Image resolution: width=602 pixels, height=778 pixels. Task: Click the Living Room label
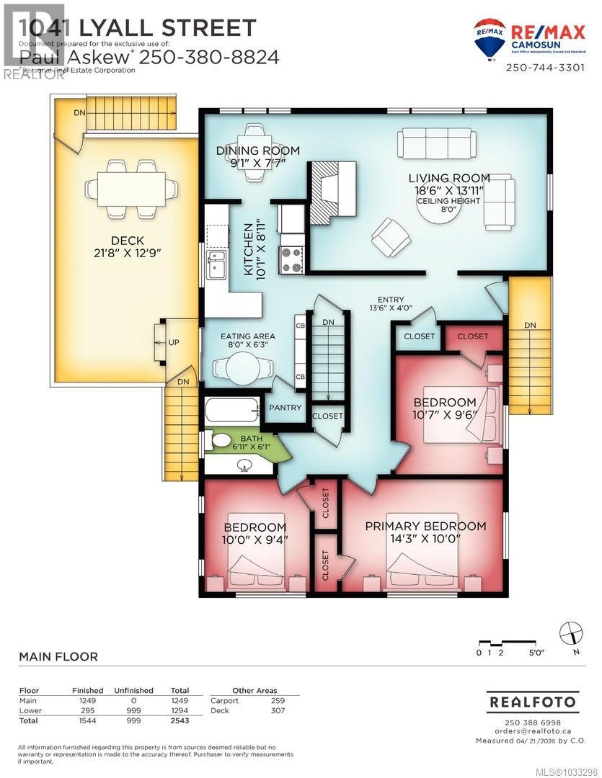click(449, 178)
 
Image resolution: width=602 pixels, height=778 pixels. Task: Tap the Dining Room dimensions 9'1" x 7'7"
click(258, 163)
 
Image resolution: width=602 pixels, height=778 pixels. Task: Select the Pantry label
click(285, 408)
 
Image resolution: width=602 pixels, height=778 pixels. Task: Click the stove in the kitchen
click(292, 259)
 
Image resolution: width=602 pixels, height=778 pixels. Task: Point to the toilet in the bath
click(219, 441)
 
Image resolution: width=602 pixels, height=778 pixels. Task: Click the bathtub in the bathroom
click(232, 411)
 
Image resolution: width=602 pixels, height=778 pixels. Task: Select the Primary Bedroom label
click(425, 526)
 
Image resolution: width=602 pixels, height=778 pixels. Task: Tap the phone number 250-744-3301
click(544, 68)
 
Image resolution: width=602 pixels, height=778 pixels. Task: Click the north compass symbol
click(571, 632)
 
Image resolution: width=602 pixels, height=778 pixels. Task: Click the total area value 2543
click(179, 720)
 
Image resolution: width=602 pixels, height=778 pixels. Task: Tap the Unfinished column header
click(133, 690)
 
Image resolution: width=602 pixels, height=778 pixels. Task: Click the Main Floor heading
click(58, 656)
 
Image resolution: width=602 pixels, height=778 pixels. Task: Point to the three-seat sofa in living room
click(435, 143)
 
